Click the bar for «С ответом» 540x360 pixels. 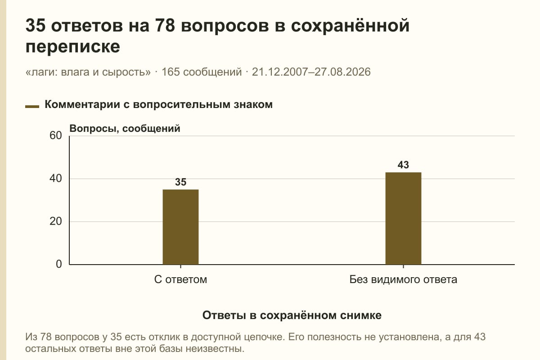[x=180, y=227]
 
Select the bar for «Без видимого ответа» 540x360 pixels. [x=403, y=218]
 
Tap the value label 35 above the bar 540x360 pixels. [x=180, y=182]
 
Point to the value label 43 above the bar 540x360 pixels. [x=403, y=165]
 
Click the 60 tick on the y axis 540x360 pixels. [x=56, y=135]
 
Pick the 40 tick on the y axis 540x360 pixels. [x=56, y=179]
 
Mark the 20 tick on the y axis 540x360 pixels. [x=56, y=221]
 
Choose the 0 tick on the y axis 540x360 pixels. [x=59, y=264]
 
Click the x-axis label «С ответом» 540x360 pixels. [x=180, y=279]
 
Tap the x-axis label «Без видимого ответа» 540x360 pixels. [x=403, y=279]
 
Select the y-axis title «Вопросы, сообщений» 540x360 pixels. [x=125, y=129]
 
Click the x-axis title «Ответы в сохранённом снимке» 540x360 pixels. [x=292, y=315]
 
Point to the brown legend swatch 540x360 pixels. [x=32, y=107]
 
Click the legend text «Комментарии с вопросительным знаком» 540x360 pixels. [x=158, y=105]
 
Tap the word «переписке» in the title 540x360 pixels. [x=72, y=46]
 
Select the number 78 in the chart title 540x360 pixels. [x=165, y=25]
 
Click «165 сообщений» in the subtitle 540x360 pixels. [x=202, y=72]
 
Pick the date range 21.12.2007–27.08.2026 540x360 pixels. [x=311, y=72]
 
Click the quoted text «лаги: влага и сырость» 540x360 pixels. [x=88, y=72]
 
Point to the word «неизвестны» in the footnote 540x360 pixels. [x=215, y=349]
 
